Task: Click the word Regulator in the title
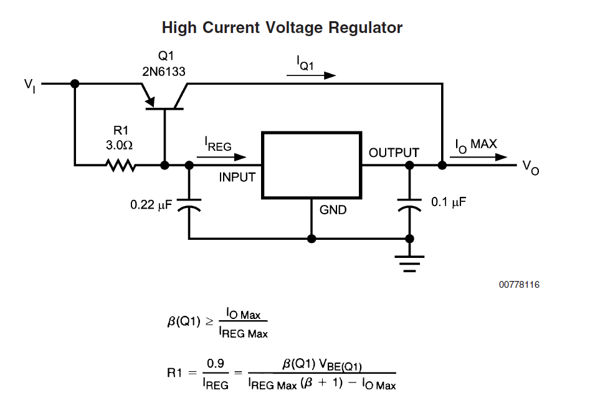pyautogui.click(x=365, y=28)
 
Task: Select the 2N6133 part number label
pyautogui.click(x=164, y=72)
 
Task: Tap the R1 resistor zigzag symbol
pyautogui.click(x=120, y=165)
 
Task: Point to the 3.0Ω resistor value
pyautogui.click(x=119, y=145)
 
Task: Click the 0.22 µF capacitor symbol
pyautogui.click(x=189, y=204)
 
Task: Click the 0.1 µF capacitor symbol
pyautogui.click(x=409, y=204)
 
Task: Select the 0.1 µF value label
pyautogui.click(x=449, y=202)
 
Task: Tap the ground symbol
pyautogui.click(x=409, y=264)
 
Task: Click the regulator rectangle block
pyautogui.click(x=312, y=165)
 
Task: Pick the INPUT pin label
pyautogui.click(x=237, y=177)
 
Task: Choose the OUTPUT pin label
pyautogui.click(x=394, y=153)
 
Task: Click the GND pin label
pyautogui.click(x=333, y=210)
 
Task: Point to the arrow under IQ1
pyautogui.click(x=311, y=75)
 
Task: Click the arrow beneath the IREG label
pyautogui.click(x=222, y=157)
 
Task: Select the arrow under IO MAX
pyautogui.click(x=478, y=157)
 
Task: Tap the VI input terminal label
pyautogui.click(x=30, y=85)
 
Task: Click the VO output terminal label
pyautogui.click(x=531, y=168)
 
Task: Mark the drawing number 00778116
pyautogui.click(x=519, y=285)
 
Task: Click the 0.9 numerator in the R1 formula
pyautogui.click(x=216, y=363)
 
